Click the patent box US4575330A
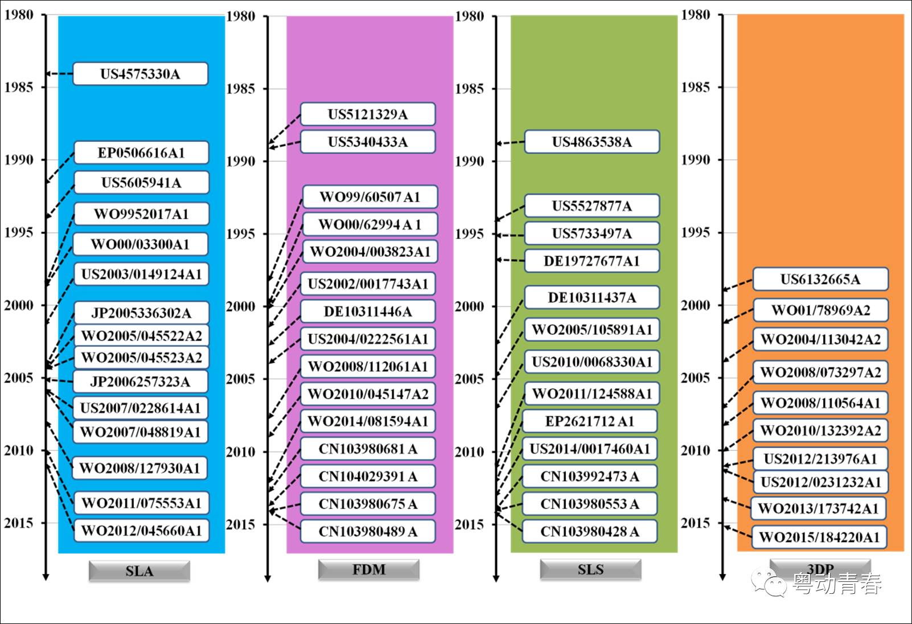coord(140,74)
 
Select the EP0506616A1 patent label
coord(141,153)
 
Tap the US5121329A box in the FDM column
coord(368,114)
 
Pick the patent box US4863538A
coord(591,142)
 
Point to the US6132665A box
coord(820,279)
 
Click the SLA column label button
coord(139,571)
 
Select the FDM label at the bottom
coord(368,569)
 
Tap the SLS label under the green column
coord(590,569)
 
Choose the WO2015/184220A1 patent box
coord(819,537)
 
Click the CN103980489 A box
coord(368,531)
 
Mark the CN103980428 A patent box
coord(590,531)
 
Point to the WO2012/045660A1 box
coord(141,531)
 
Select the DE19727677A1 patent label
coord(591,261)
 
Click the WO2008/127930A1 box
coord(139,468)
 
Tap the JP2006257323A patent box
coord(140,381)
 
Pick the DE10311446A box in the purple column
coord(368,311)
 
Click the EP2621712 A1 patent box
coord(590,421)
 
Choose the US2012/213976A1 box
coord(820,459)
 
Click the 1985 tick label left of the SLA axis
coord(19,87)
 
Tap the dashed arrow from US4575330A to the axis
coord(59,74)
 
